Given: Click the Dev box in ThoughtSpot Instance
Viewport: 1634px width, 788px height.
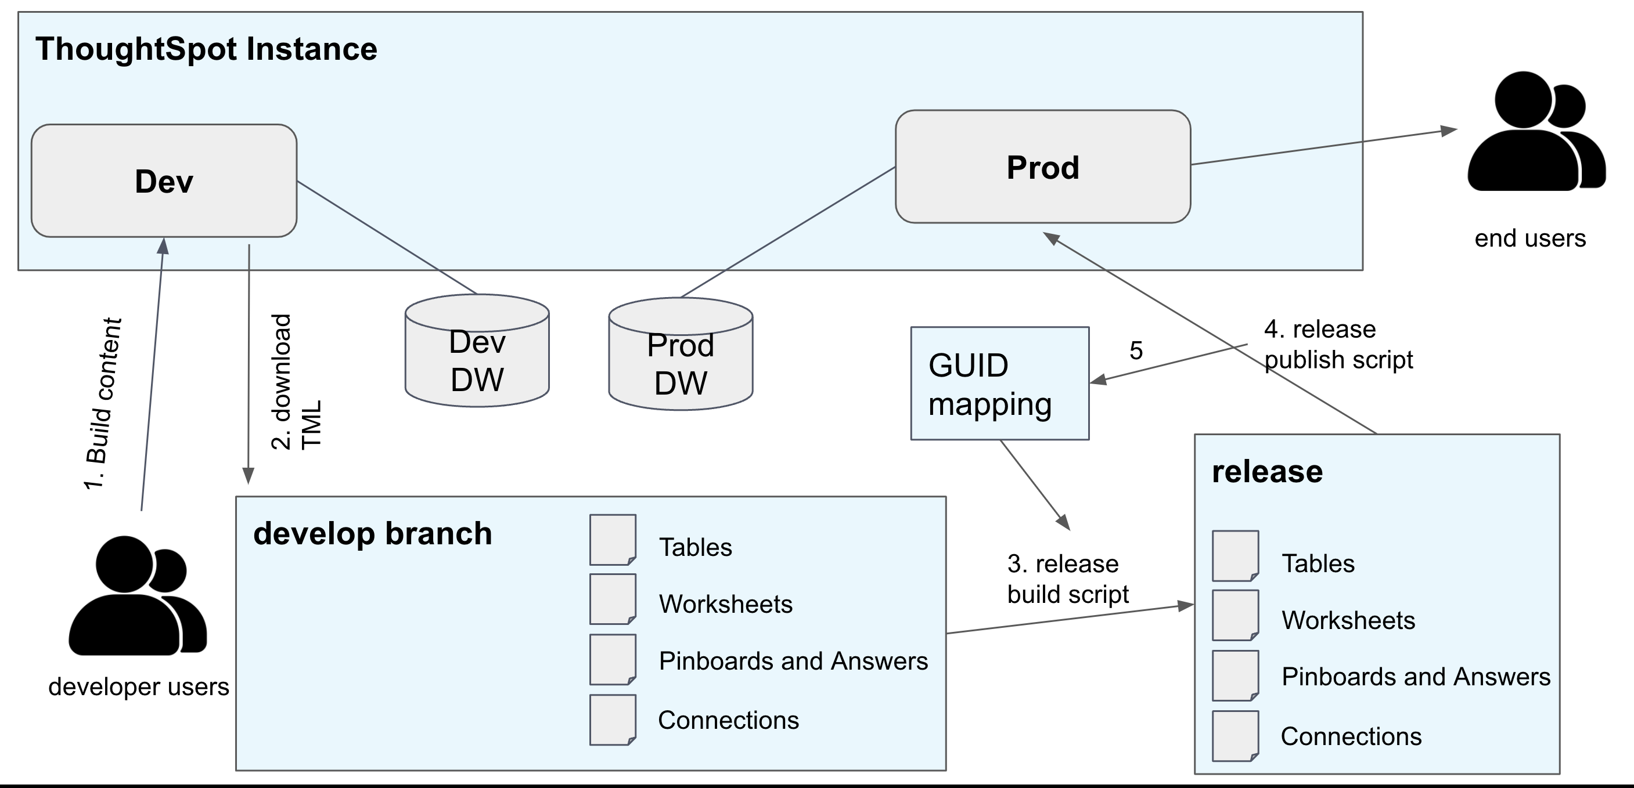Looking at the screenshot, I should point(164,181).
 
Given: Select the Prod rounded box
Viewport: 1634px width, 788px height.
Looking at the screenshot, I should point(1042,167).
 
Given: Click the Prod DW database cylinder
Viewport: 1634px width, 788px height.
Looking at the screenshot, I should point(680,363).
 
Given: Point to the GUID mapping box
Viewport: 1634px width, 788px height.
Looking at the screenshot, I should point(999,384).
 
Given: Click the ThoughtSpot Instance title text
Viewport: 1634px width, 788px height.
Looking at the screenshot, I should point(206,49).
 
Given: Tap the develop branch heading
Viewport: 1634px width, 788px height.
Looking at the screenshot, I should point(372,533).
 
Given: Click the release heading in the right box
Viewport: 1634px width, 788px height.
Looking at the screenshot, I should point(1267,472).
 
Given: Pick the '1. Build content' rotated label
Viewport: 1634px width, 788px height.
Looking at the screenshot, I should point(103,404).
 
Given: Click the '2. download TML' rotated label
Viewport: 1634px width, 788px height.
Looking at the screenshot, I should point(296,382).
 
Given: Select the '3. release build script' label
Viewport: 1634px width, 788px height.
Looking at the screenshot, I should point(1067,579).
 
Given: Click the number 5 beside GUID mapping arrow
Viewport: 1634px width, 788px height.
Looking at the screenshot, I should point(1136,350).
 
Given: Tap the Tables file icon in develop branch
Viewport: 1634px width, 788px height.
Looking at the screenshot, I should point(612,540).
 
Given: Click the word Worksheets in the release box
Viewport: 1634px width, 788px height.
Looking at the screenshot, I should point(1348,620).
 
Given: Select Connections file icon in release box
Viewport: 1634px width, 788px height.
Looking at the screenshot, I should point(1235,736).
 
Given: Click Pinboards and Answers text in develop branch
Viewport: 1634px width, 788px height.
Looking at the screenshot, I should point(793,661).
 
